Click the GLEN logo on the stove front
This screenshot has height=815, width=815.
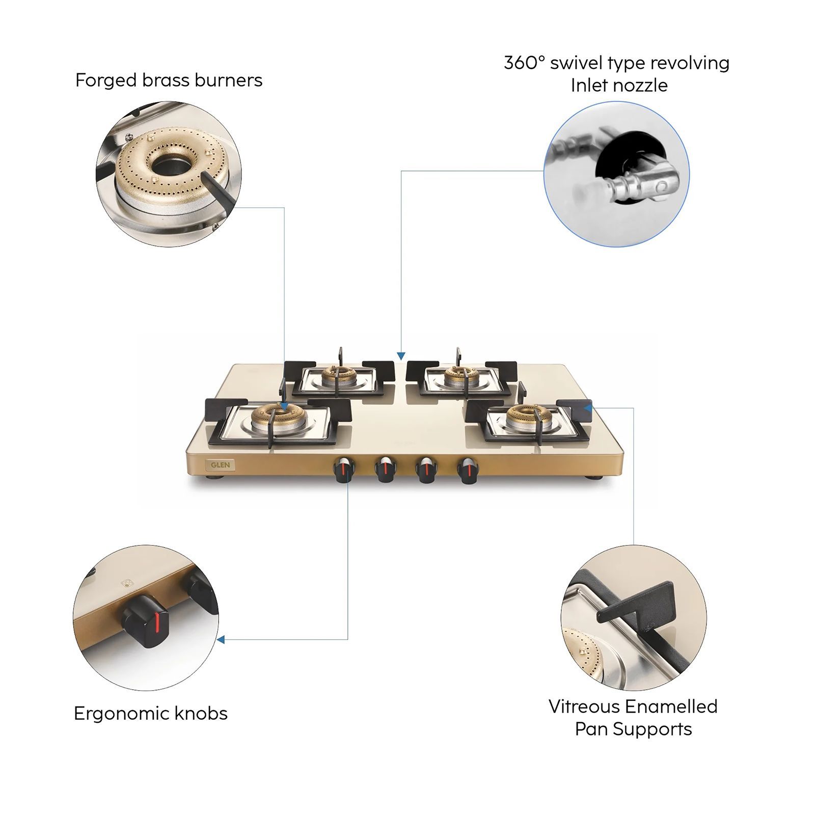pyautogui.click(x=221, y=465)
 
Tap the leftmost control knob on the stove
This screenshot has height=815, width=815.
pyautogui.click(x=343, y=469)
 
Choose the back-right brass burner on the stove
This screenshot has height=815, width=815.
pyautogui.click(x=461, y=376)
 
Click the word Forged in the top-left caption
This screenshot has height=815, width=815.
pyautogui.click(x=106, y=80)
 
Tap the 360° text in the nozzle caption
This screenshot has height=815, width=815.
pyautogui.click(x=525, y=63)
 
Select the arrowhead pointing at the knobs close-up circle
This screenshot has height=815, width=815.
pyautogui.click(x=221, y=639)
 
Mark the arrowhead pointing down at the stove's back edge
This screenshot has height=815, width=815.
pyautogui.click(x=401, y=356)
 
